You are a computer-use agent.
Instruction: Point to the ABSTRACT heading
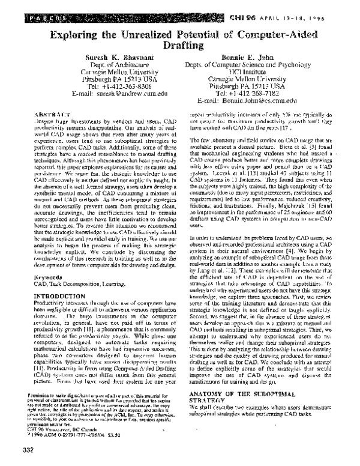pos(53,113)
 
